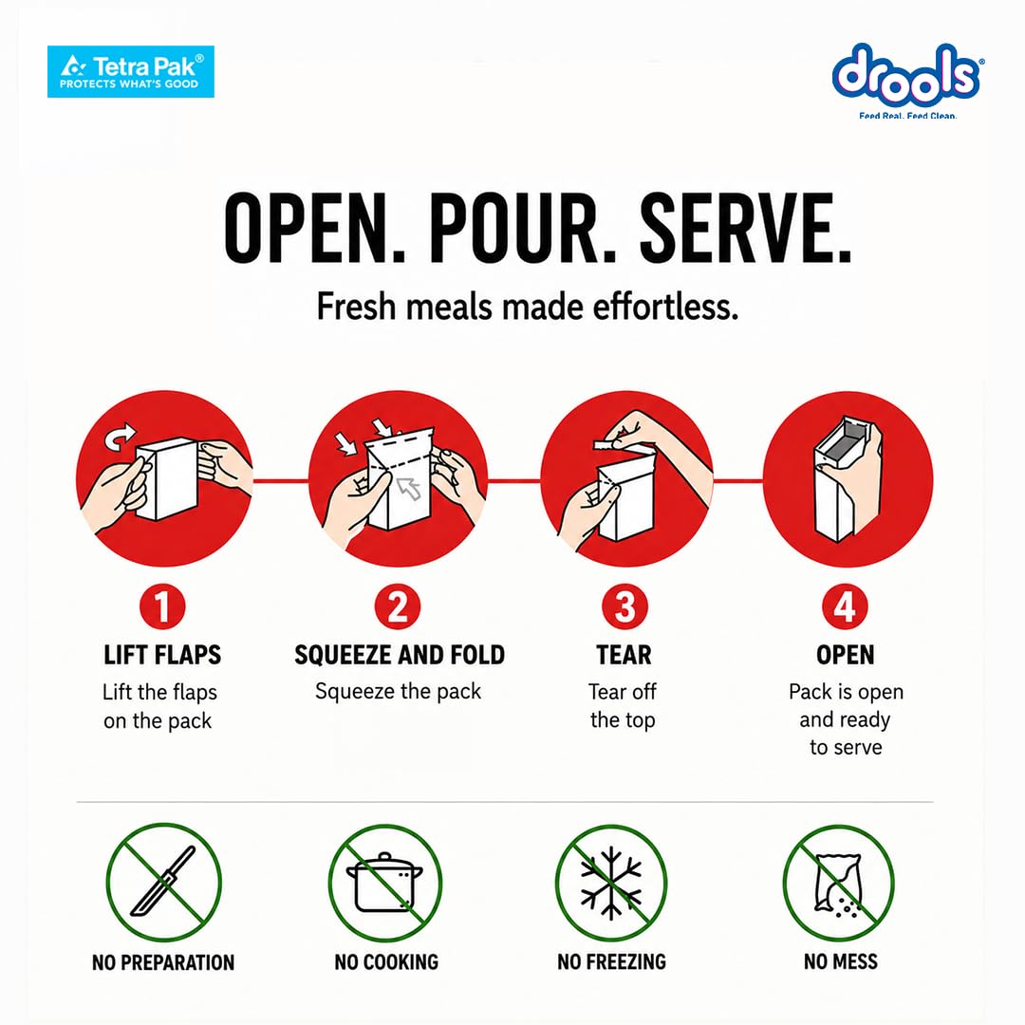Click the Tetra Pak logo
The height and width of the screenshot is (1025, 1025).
[x=131, y=71]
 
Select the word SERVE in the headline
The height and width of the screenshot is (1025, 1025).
[x=745, y=229]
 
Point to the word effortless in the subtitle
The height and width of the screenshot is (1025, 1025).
[x=665, y=307]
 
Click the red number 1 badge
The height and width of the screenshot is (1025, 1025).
[x=162, y=606]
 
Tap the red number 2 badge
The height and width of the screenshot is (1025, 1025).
[x=398, y=606]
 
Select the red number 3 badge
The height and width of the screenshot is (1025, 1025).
[x=624, y=606]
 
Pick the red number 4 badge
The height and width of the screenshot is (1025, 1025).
[x=845, y=606]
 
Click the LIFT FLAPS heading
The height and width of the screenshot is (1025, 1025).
[x=162, y=655]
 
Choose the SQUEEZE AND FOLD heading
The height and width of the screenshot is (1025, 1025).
[x=400, y=655]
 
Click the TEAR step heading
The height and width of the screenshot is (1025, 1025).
[x=624, y=655]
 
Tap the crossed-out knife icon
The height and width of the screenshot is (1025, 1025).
[x=163, y=882]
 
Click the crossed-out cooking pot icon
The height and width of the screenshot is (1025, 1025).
[x=385, y=882]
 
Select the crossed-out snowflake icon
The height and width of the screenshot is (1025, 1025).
[x=611, y=882]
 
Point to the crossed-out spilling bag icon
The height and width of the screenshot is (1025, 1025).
[x=839, y=882]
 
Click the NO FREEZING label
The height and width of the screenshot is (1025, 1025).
[x=612, y=961]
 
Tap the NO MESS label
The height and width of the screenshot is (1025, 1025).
[x=841, y=961]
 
